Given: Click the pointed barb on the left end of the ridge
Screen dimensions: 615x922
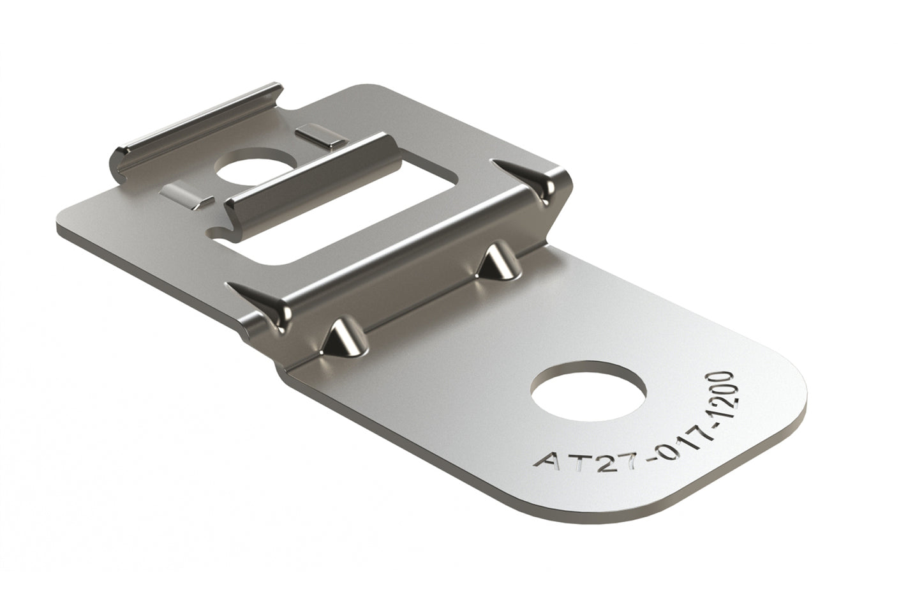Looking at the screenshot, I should pos(262,300).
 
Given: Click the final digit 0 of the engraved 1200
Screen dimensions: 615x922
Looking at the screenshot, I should pos(724,377).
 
